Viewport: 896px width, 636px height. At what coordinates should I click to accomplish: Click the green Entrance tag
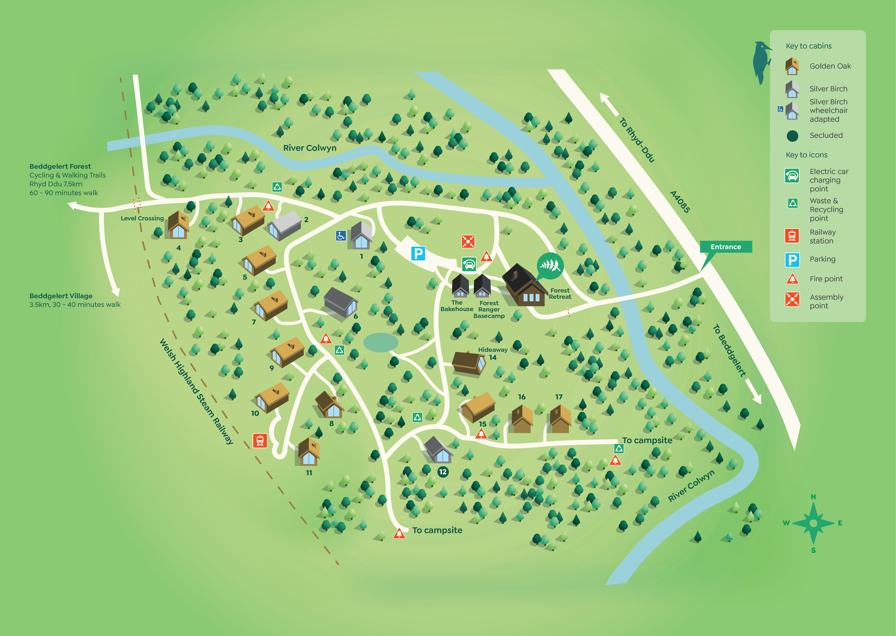click(726, 247)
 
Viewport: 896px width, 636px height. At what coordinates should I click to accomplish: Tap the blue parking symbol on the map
click(418, 253)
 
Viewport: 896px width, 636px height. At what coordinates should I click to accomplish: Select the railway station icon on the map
click(260, 441)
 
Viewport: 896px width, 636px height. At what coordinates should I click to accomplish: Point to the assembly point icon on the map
click(468, 241)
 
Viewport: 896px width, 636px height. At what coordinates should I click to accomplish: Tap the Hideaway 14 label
click(492, 353)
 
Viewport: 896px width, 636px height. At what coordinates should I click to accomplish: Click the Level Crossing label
click(142, 219)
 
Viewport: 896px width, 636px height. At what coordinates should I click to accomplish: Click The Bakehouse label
click(457, 306)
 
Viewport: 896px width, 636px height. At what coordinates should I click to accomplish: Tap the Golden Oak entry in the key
click(830, 66)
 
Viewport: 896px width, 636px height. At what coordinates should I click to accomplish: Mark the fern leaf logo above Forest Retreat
click(550, 266)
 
